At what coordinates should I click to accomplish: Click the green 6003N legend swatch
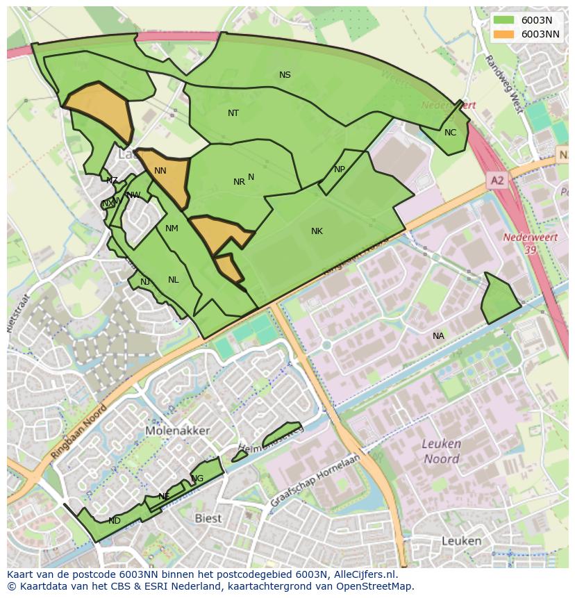[505, 20]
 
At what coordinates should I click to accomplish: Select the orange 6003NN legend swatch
[505, 34]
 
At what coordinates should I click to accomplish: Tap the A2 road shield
[497, 181]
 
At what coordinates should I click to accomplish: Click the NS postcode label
[285, 75]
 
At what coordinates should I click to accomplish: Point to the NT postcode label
[233, 113]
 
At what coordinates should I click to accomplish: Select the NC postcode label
[450, 133]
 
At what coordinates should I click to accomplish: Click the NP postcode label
[339, 169]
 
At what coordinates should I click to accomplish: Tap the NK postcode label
[317, 231]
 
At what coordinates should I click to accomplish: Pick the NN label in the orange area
[160, 171]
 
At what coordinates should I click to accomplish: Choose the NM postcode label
[172, 229]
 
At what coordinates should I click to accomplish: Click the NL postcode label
[173, 280]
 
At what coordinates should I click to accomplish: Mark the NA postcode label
[438, 336]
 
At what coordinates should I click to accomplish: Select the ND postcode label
[115, 521]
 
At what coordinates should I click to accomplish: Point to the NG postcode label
[198, 479]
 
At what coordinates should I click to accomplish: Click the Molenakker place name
[178, 431]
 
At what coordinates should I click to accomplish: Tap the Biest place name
[208, 518]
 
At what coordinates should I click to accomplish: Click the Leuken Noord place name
[442, 451]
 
